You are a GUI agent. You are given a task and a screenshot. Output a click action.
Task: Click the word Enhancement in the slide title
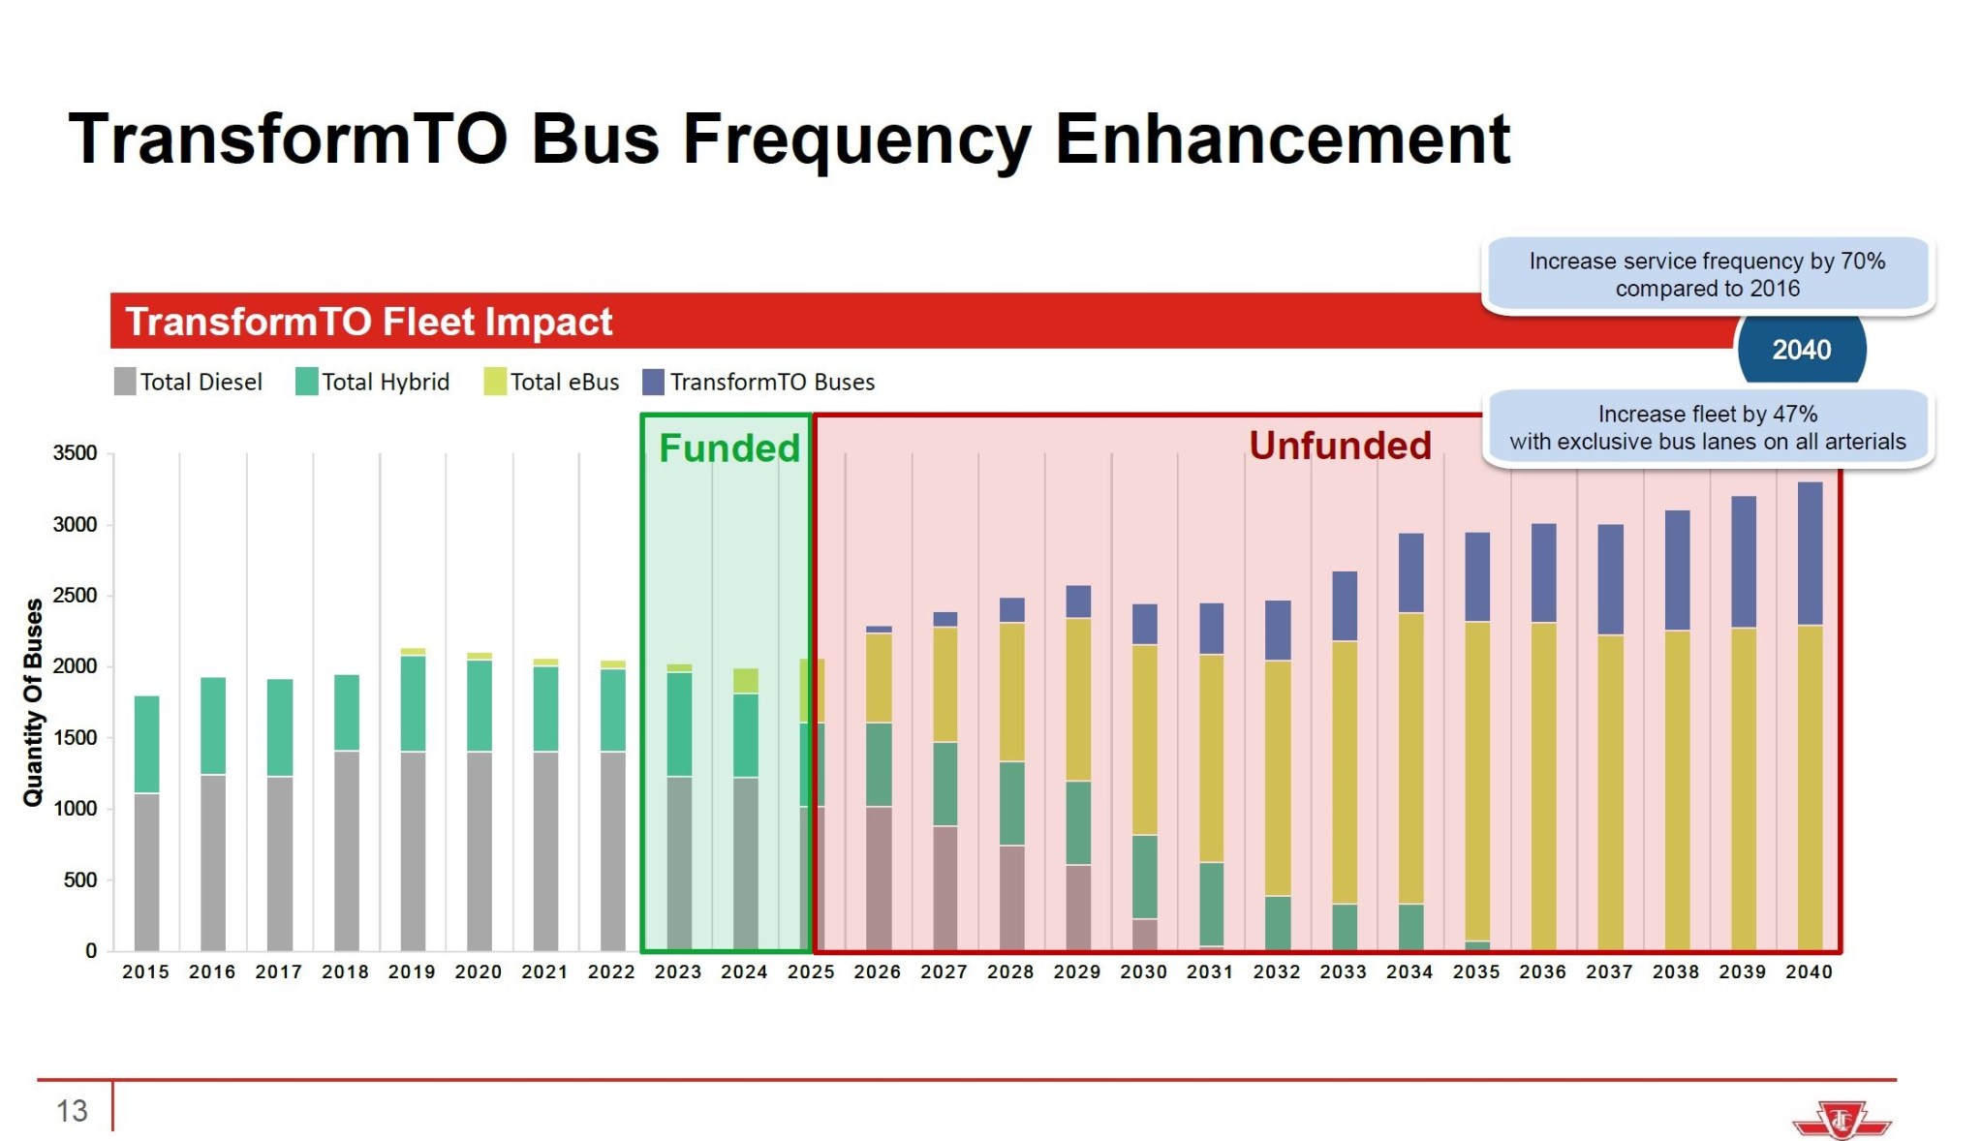[x=1281, y=139]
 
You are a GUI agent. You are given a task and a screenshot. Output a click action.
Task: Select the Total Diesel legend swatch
[x=125, y=382]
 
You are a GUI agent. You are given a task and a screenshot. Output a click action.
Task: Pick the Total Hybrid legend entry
[x=373, y=382]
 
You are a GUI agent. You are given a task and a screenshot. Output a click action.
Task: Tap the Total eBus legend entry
[x=552, y=382]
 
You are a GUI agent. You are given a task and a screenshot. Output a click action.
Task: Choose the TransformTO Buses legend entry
[x=759, y=382]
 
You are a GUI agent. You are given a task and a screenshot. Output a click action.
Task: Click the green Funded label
[x=729, y=448]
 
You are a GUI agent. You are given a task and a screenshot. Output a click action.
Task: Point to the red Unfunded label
[x=1340, y=446]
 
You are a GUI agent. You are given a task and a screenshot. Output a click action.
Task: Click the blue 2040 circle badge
[x=1801, y=350]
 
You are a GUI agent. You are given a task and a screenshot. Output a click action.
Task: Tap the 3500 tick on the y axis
[x=75, y=453]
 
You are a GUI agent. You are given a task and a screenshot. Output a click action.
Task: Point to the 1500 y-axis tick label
[x=75, y=738]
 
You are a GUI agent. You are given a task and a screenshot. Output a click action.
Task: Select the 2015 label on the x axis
[x=145, y=971]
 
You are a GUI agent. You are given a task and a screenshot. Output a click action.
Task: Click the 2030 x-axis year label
[x=1143, y=971]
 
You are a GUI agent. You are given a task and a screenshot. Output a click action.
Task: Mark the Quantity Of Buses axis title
[x=33, y=702]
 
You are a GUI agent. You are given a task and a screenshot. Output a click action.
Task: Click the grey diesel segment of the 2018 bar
[x=346, y=850]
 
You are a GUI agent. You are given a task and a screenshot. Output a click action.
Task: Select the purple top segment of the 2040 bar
[x=1810, y=553]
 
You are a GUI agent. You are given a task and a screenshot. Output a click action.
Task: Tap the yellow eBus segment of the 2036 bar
[x=1543, y=785]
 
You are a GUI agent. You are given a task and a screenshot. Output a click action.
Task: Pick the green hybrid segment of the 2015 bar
[x=146, y=744]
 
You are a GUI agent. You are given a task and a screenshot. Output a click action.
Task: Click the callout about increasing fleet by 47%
[x=1707, y=428]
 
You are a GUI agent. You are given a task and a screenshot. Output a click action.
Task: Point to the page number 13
[x=72, y=1111]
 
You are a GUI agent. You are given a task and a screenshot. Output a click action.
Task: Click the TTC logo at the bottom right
[x=1841, y=1121]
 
